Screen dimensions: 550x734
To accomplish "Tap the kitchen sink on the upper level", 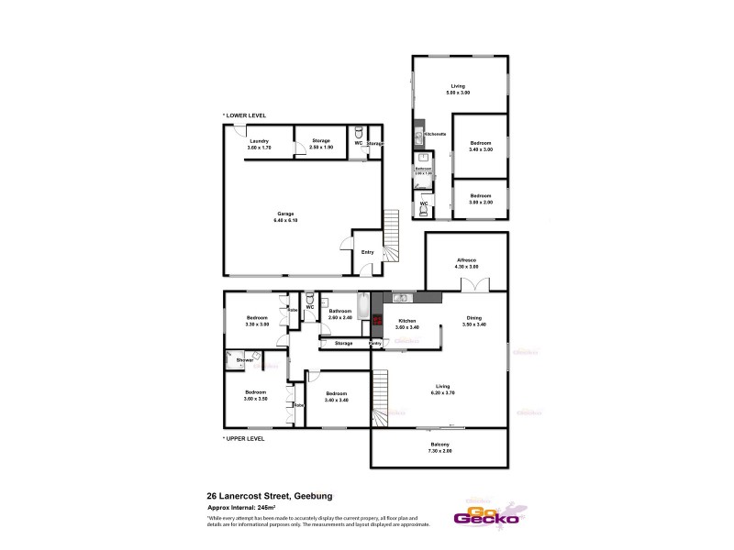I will click(x=400, y=298).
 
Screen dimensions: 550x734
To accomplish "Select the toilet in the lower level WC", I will click(x=359, y=130).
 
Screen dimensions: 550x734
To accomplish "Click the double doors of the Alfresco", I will click(x=468, y=286).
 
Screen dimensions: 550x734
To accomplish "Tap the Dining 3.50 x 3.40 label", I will click(x=474, y=323).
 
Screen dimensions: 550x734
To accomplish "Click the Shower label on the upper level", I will click(x=245, y=360).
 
